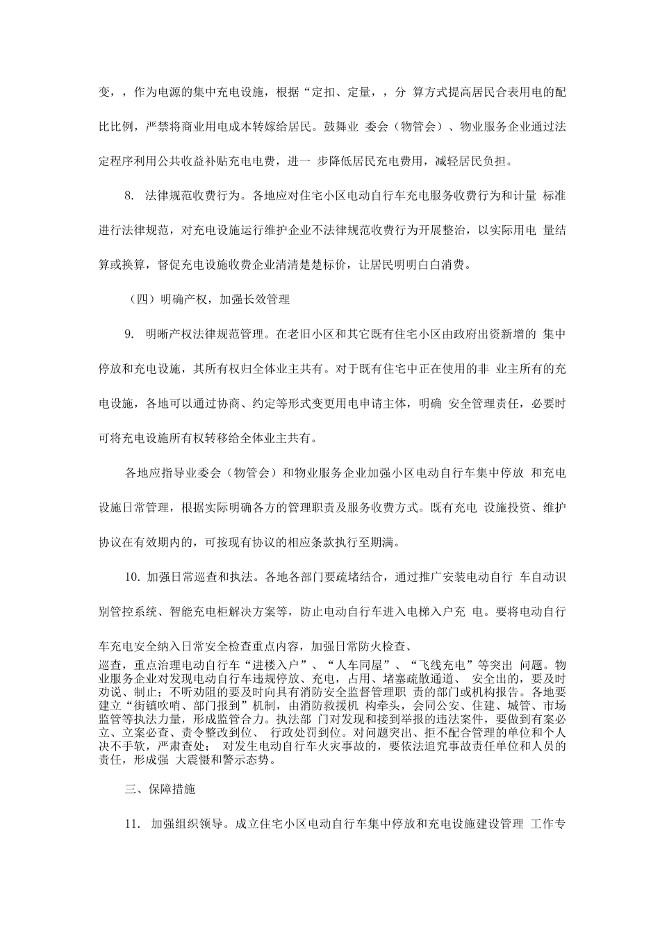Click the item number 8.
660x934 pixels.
coord(129,196)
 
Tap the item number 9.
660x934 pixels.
coord(129,334)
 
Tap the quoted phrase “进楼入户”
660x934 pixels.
coord(286,658)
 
